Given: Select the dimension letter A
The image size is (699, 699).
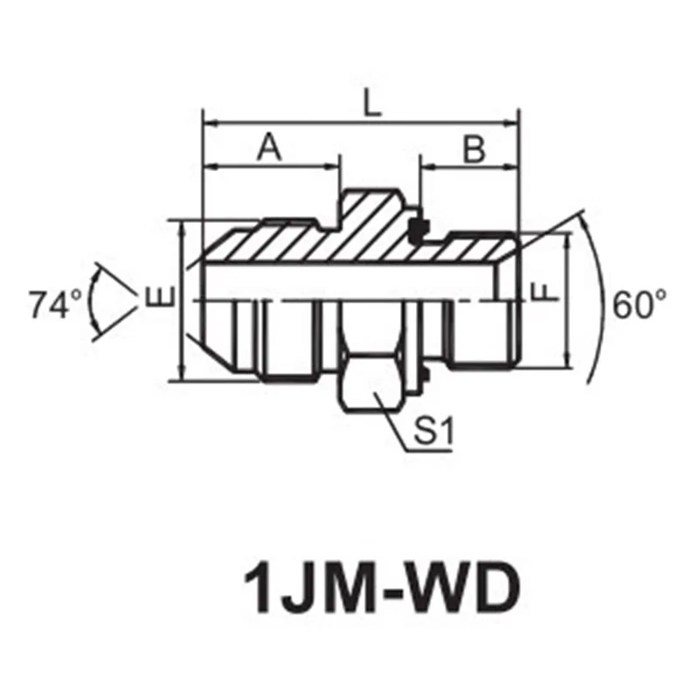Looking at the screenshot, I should click(270, 149).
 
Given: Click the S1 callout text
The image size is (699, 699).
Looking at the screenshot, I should click(431, 432).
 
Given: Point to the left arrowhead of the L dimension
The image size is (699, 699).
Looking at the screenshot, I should click(208, 123).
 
